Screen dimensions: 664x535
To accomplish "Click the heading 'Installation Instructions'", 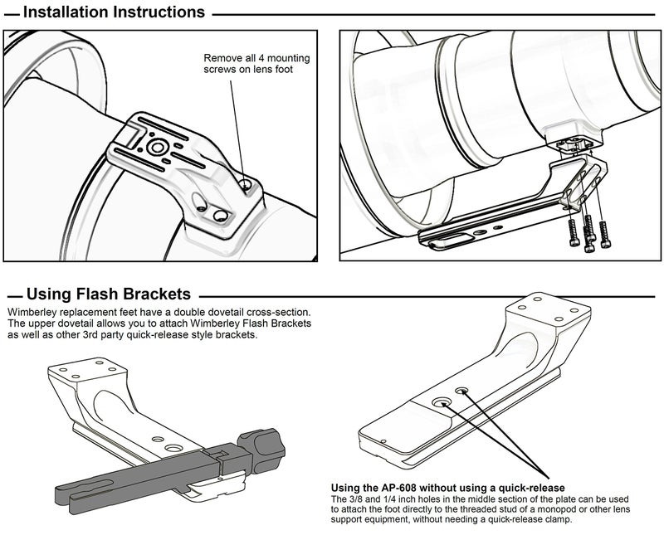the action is pyautogui.click(x=114, y=12).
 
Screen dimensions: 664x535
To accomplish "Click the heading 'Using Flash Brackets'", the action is pyautogui.click(x=109, y=294).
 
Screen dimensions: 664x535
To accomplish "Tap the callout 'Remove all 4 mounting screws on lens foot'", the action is pyautogui.click(x=256, y=64).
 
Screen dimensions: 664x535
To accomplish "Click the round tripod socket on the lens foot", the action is pyautogui.click(x=158, y=148).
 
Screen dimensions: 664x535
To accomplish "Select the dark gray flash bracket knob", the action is pyautogui.click(x=261, y=450).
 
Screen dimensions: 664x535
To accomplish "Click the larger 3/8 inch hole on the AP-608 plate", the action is pyautogui.click(x=442, y=402).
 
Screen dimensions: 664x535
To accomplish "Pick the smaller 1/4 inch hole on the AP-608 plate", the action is pyautogui.click(x=462, y=390).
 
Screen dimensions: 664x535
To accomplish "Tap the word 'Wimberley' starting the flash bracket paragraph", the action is pyautogui.click(x=29, y=313).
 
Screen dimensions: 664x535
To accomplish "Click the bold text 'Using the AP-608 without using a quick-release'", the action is pyautogui.click(x=447, y=488).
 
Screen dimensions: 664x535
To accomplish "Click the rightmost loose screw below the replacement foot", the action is pyautogui.click(x=605, y=235).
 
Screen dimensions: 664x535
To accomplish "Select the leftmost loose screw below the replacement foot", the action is pyautogui.click(x=573, y=233).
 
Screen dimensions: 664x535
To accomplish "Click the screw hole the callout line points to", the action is pyautogui.click(x=245, y=184).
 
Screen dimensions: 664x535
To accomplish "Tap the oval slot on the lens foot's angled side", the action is pyautogui.click(x=199, y=202).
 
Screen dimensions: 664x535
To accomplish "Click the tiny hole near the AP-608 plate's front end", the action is pyautogui.click(x=383, y=441).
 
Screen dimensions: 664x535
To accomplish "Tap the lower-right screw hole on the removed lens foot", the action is pyautogui.click(x=221, y=216).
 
